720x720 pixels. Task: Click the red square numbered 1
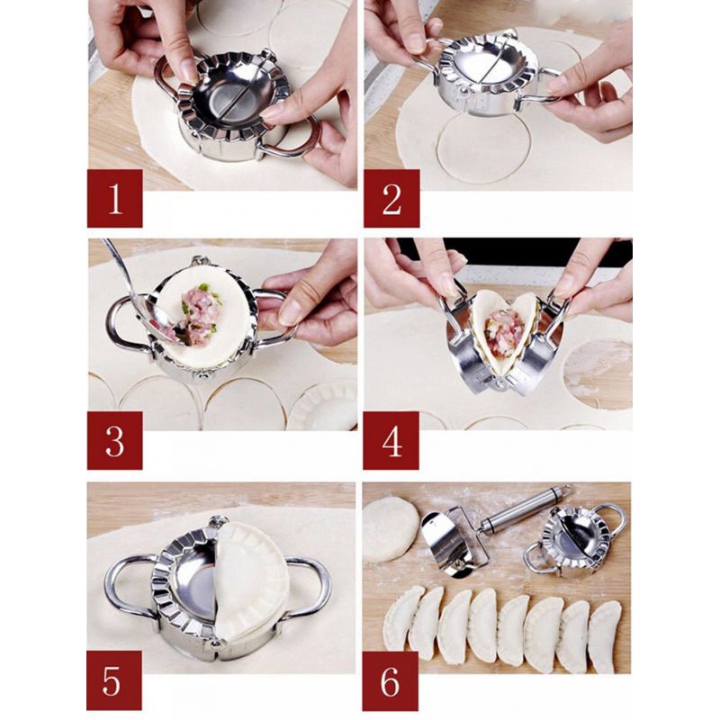click(x=115, y=198)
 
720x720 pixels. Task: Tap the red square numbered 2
click(x=391, y=198)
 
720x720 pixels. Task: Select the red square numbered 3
click(x=115, y=440)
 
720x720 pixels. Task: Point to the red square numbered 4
click(x=391, y=440)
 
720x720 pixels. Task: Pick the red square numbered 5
click(x=114, y=680)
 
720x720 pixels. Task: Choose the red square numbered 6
click(x=391, y=680)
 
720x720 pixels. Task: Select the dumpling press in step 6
click(x=574, y=540)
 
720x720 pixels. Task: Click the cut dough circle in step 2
click(x=483, y=148)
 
